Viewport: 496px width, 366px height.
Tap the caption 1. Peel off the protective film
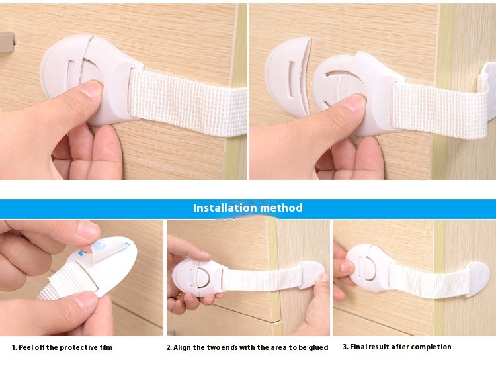click(x=62, y=347)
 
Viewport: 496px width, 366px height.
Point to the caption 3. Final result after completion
click(x=397, y=347)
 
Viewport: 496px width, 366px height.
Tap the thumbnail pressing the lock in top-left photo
click(x=91, y=91)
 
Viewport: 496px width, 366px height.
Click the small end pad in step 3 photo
click(x=477, y=277)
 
